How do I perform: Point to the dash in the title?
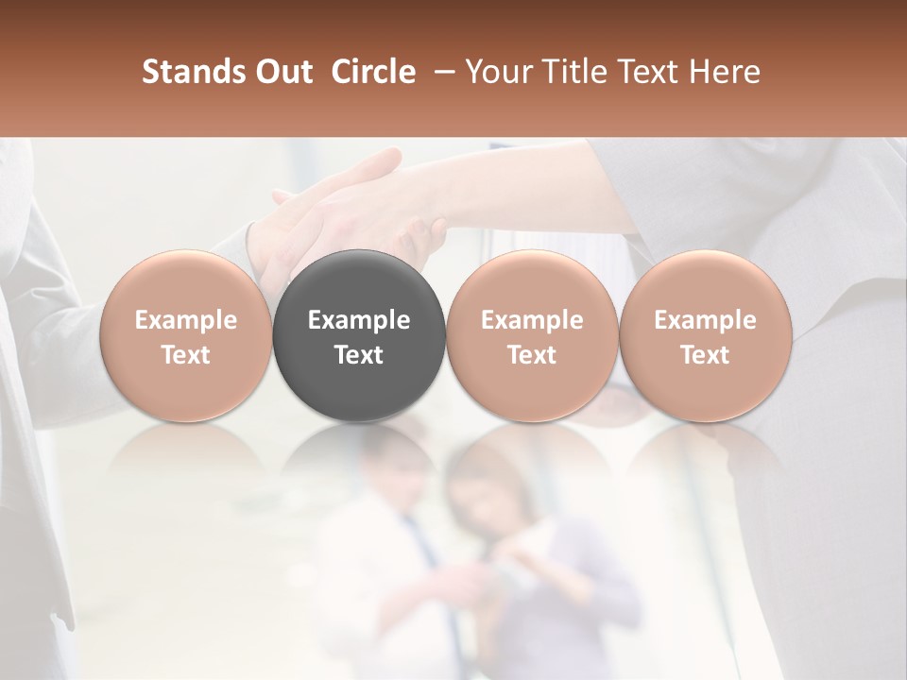coord(441,72)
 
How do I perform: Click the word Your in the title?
coord(497,72)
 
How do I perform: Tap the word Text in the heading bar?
coord(643,72)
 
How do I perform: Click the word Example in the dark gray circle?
coord(359,321)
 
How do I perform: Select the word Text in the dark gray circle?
coord(359,355)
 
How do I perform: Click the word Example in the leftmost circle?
coord(185,321)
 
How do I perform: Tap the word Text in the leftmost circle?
coord(185,355)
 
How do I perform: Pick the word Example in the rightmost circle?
coord(705,321)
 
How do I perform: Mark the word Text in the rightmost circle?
coord(705,355)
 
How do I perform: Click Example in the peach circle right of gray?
coord(532,321)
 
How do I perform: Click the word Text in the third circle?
coord(532,355)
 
